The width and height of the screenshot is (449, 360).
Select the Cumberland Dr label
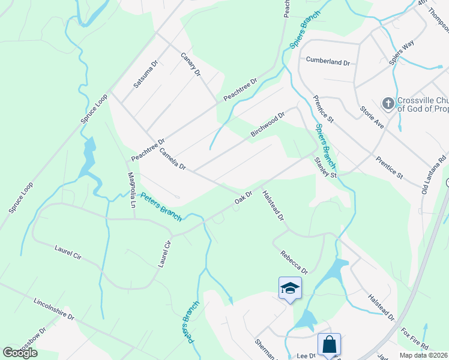pyautogui.click(x=328, y=61)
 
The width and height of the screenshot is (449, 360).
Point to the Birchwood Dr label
pyautogui.click(x=268, y=125)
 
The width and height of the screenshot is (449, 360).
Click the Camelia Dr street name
pyautogui.click(x=173, y=158)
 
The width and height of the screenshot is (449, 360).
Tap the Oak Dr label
pyautogui.click(x=243, y=197)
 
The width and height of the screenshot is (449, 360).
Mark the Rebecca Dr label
pyautogui.click(x=294, y=262)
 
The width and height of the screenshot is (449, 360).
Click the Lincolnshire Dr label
pyautogui.click(x=53, y=308)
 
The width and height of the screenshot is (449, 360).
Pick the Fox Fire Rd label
pyautogui.click(x=415, y=339)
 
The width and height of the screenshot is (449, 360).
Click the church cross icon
pyautogui.click(x=388, y=104)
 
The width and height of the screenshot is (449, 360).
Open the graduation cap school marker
pyautogui.click(x=290, y=288)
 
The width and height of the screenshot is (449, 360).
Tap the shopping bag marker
pyautogui.click(x=329, y=344)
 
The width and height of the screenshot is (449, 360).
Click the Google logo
pyautogui.click(x=20, y=353)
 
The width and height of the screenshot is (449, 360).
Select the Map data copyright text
pyautogui.click(x=424, y=355)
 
